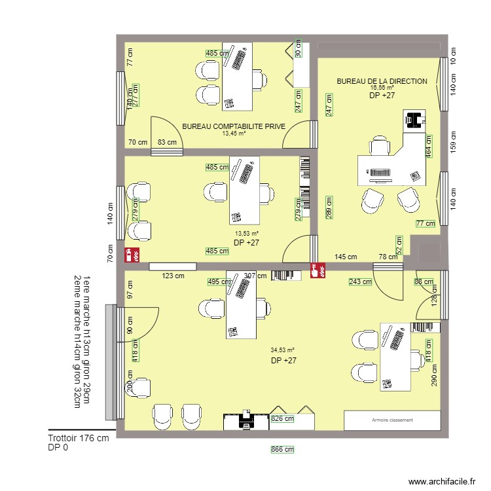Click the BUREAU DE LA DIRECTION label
point(382,81)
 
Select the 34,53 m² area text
point(284,350)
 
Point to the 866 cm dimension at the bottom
point(283,450)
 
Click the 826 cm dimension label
point(282,418)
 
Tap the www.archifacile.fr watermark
point(441,481)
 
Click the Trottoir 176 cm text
point(78,439)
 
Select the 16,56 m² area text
point(382,88)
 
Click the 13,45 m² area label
point(234,134)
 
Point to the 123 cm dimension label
point(173,276)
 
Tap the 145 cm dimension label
point(346,257)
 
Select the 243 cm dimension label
point(360,282)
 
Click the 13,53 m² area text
point(247,233)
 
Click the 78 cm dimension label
point(388,257)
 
